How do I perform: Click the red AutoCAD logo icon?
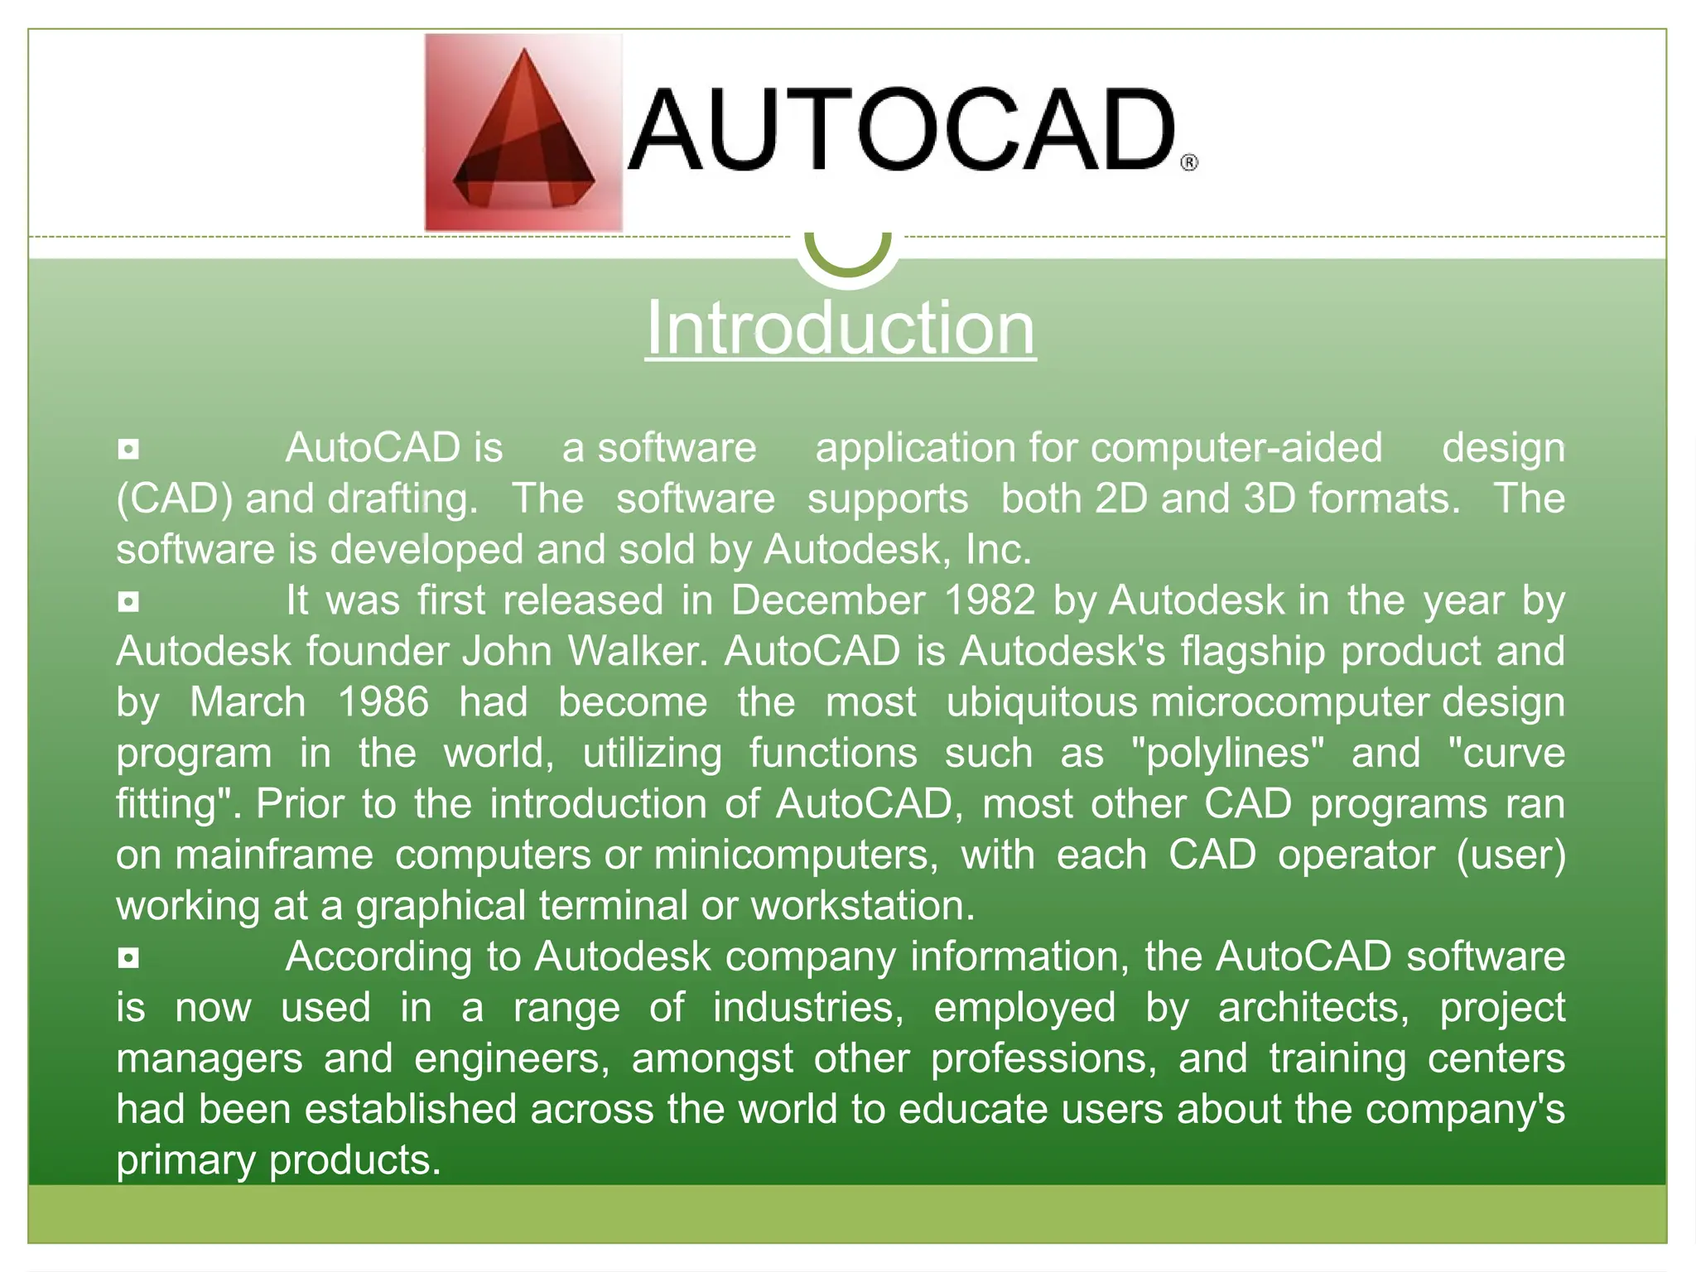(523, 132)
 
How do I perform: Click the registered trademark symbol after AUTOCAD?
(1188, 162)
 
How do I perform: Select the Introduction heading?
(841, 329)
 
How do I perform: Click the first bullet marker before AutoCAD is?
(128, 450)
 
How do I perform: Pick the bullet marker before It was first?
(128, 602)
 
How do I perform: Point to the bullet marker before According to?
(128, 958)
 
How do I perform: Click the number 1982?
(990, 600)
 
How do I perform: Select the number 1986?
(383, 702)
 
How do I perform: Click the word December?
(827, 600)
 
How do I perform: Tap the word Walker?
(638, 652)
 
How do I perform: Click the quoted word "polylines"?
(1228, 754)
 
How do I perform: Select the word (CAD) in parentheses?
(175, 499)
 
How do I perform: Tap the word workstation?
(863, 906)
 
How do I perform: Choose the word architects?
(1313, 1008)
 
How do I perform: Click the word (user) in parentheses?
(1511, 855)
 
